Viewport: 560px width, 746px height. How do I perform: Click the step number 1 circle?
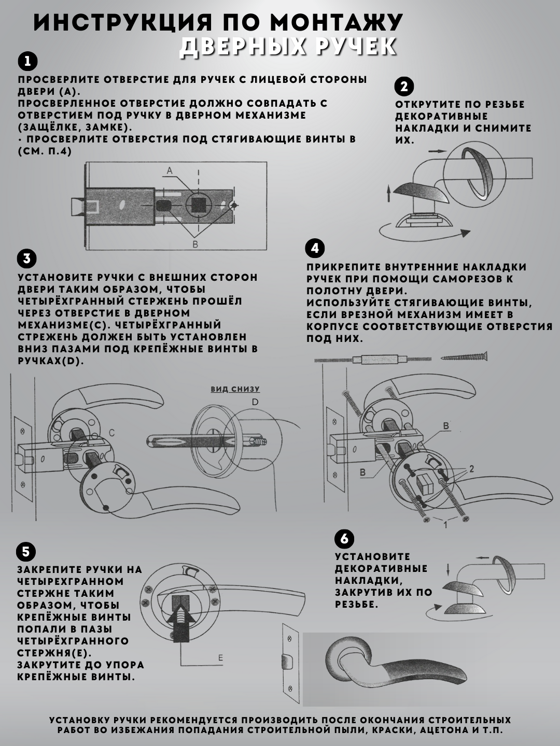tap(27, 62)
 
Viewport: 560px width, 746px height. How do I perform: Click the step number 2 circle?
tap(404, 86)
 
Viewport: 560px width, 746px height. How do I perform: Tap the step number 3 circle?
tap(26, 259)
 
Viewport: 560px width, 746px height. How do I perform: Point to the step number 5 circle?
tap(26, 551)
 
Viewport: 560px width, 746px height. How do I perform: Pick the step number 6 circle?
tap(344, 539)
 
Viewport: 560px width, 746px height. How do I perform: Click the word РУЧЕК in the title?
tap(352, 47)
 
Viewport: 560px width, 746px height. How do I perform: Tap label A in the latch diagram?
tap(170, 170)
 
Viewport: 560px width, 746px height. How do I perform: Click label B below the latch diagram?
tap(195, 244)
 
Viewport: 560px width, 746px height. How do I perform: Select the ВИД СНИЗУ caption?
tap(235, 389)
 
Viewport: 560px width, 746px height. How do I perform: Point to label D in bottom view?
tap(255, 402)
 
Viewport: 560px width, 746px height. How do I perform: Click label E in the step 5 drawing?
tap(220, 658)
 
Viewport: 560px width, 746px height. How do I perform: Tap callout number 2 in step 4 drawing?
tap(471, 469)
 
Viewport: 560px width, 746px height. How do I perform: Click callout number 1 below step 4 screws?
tap(444, 524)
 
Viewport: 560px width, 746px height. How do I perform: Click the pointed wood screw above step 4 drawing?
tap(465, 356)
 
